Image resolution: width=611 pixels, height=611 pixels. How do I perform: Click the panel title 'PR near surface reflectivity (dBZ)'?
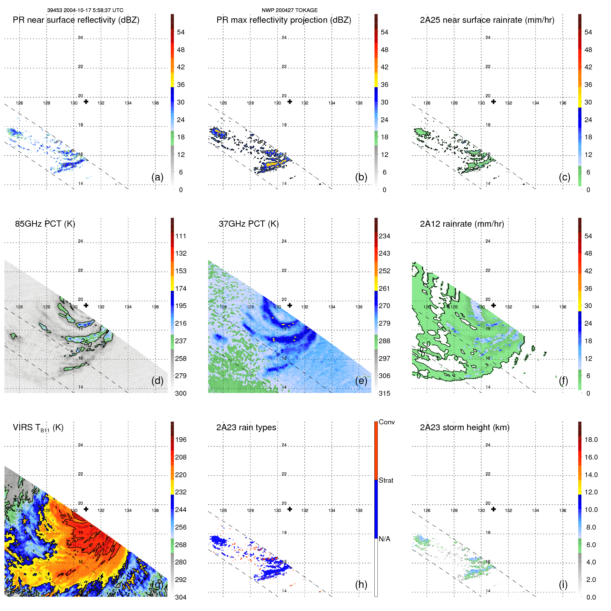76,20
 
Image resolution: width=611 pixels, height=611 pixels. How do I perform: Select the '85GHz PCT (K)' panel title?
45,224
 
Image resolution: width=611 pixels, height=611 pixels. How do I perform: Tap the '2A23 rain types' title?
246,427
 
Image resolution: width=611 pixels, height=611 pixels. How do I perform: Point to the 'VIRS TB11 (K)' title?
38,428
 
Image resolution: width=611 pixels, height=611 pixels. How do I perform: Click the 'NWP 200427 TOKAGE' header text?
289,10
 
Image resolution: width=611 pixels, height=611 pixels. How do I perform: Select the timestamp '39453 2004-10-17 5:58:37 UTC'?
85,10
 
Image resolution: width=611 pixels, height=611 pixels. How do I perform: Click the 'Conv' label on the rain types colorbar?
386,422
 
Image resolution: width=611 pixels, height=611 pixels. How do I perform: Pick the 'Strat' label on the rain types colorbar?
386,480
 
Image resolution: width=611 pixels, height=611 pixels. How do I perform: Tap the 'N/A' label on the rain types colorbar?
384,539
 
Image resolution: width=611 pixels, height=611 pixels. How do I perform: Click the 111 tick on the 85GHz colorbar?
180,236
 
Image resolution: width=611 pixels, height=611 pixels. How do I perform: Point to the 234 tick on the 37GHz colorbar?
384,236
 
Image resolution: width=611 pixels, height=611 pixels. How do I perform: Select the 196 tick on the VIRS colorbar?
180,440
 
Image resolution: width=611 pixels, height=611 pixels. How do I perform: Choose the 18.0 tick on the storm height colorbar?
591,440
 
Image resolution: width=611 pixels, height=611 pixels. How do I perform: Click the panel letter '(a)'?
157,177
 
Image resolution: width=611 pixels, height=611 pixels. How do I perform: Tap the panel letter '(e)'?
361,381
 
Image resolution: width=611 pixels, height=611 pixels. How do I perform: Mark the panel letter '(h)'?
361,584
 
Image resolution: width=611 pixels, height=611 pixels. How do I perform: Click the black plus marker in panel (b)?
290,102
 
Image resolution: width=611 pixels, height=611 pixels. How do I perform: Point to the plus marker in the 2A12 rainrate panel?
494,305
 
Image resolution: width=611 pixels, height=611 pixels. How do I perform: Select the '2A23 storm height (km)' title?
464,427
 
